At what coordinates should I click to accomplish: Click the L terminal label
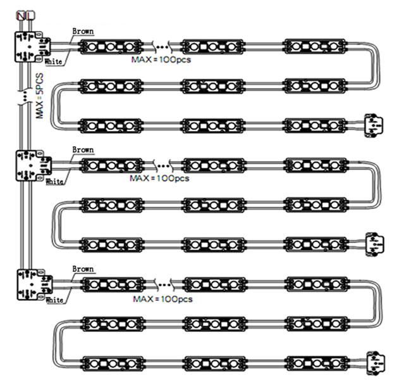(25, 14)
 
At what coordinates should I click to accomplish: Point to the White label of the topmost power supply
(54, 61)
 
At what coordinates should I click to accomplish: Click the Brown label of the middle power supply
(83, 149)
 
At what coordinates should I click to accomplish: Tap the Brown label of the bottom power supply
(83, 269)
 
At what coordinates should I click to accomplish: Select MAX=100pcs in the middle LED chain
(159, 179)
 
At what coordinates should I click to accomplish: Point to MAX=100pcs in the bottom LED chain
(163, 298)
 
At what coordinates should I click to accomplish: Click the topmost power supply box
(30, 46)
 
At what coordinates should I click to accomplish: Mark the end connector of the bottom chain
(375, 364)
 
